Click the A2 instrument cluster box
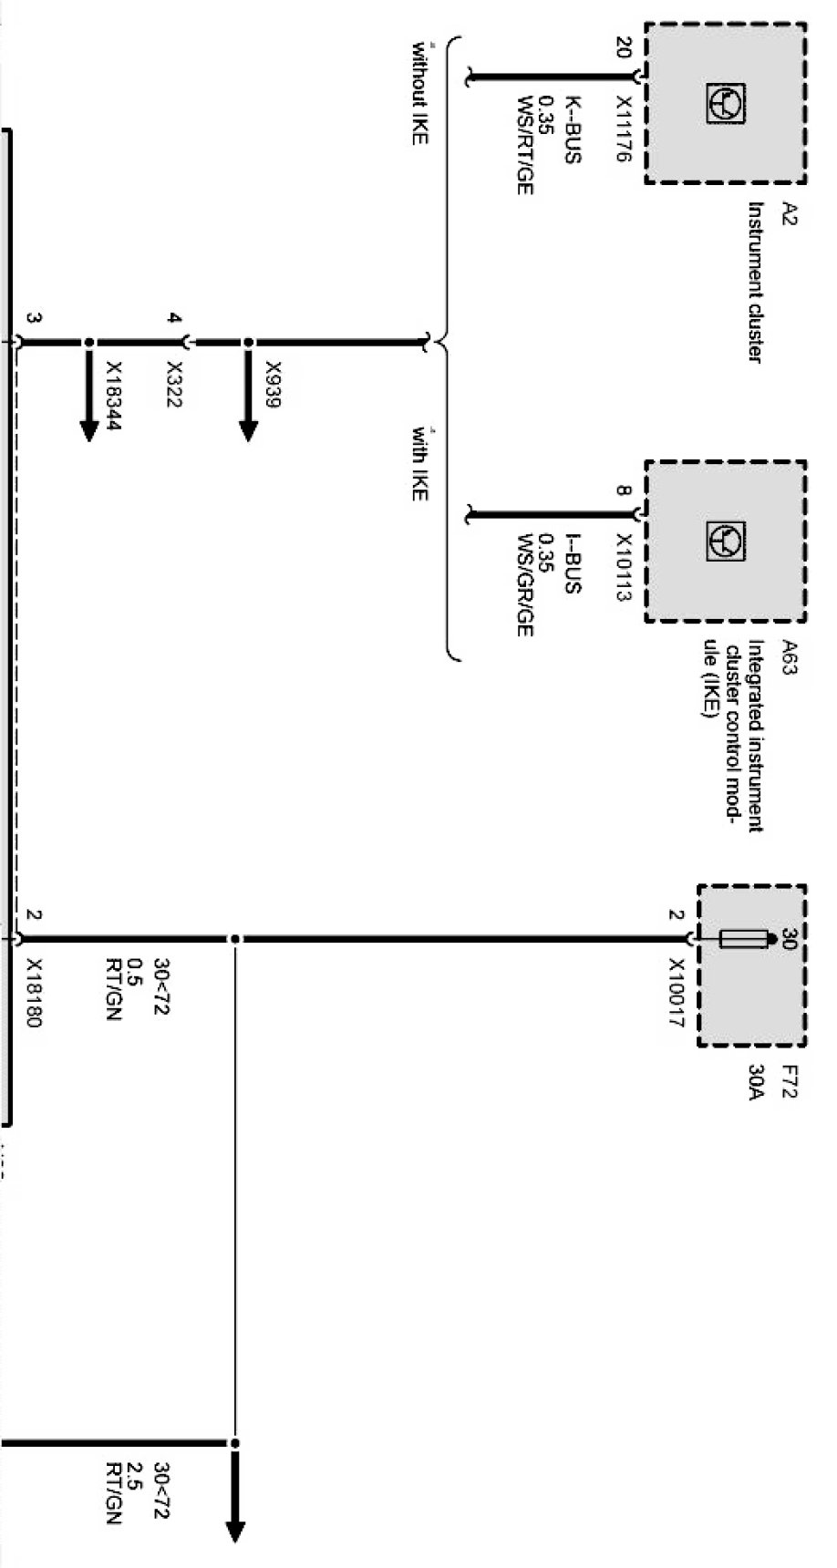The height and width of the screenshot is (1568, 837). click(x=726, y=103)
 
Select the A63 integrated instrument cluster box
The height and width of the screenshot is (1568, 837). click(x=726, y=542)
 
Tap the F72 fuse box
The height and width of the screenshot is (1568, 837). click(x=752, y=965)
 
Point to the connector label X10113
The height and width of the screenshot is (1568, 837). click(x=623, y=567)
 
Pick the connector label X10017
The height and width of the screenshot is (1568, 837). click(x=676, y=992)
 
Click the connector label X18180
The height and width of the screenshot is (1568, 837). click(x=34, y=992)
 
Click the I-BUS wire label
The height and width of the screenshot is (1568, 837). click(x=572, y=567)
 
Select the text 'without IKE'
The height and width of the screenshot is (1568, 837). click(x=418, y=91)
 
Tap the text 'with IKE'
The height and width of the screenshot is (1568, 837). click(x=418, y=462)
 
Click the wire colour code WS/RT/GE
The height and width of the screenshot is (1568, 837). click(x=523, y=145)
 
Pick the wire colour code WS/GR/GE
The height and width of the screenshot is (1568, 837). click(x=523, y=584)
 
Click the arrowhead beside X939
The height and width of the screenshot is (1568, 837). click(x=248, y=429)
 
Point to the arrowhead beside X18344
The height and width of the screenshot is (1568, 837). click(x=88, y=429)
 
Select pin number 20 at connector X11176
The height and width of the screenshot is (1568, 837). click(x=624, y=47)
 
